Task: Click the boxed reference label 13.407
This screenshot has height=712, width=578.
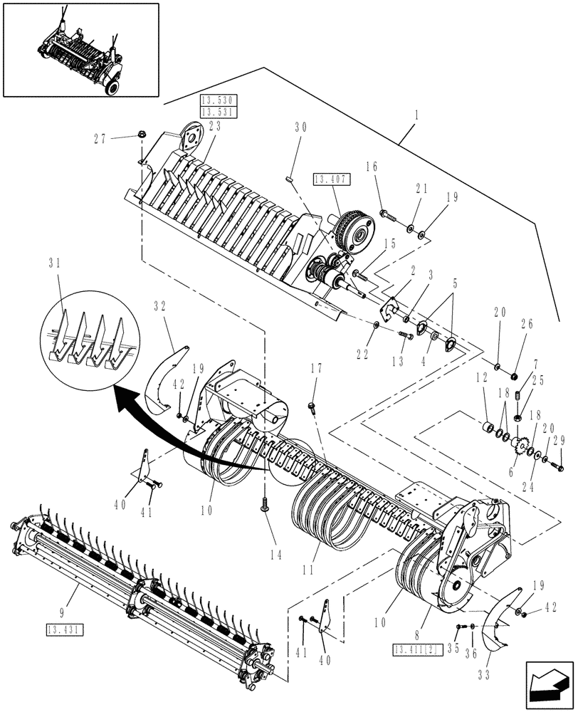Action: pyautogui.click(x=329, y=179)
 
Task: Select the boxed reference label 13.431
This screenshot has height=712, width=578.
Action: pyautogui.click(x=63, y=629)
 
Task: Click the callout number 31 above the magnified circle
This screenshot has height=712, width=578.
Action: pyautogui.click(x=56, y=263)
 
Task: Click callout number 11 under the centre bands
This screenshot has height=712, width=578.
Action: pyautogui.click(x=308, y=572)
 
